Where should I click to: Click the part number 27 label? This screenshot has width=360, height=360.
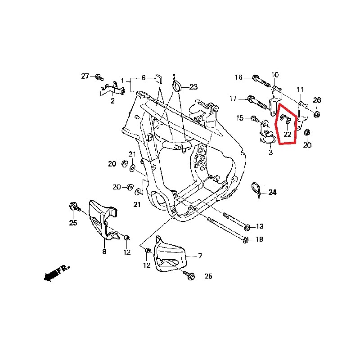coord(85,76)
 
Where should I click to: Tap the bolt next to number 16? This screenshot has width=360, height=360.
coord(261,81)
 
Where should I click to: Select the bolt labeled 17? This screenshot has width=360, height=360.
coord(257,103)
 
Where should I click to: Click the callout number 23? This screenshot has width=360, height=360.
coord(193,87)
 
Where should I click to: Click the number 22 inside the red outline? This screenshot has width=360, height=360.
coord(287,134)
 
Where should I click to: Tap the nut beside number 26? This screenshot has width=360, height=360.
coord(317,114)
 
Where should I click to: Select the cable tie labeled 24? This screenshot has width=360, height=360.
coord(256,189)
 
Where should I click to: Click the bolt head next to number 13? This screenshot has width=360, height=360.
coord(247,228)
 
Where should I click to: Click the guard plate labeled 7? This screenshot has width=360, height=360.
coord(170,255)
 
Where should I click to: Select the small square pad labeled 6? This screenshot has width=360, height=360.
coord(159,79)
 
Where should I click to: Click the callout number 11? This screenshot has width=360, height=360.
coord(300,90)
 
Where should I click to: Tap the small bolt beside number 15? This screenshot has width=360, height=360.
coord(255,119)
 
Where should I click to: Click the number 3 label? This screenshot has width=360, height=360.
coord(271,152)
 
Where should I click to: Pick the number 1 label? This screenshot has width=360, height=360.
coord(122,81)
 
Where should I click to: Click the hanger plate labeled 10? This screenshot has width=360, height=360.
coord(275,101)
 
